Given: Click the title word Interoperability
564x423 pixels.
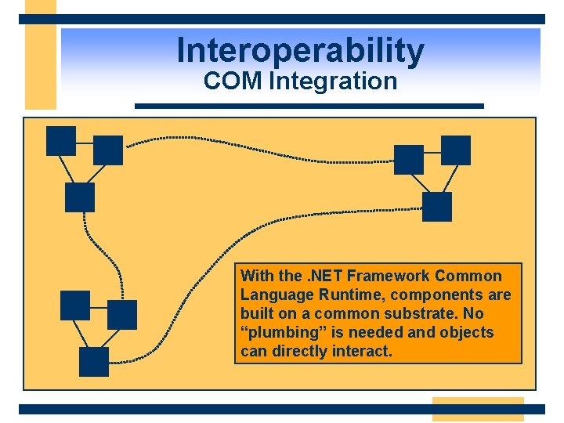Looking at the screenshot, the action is tap(300, 51).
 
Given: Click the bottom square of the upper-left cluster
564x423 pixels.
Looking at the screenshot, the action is tap(79, 197).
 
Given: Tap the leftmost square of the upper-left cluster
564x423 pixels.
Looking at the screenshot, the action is tap(61, 141).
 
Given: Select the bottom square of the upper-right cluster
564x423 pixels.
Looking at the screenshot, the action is tap(437, 207).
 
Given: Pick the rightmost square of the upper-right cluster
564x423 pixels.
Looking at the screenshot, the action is tap(456, 150).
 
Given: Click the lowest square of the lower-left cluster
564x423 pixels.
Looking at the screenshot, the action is tap(94, 362).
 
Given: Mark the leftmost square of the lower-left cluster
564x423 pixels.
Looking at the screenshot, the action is tap(75, 305).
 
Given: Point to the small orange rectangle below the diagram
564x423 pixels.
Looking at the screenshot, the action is tap(478, 409).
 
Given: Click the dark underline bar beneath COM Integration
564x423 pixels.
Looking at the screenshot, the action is tap(309, 106).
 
